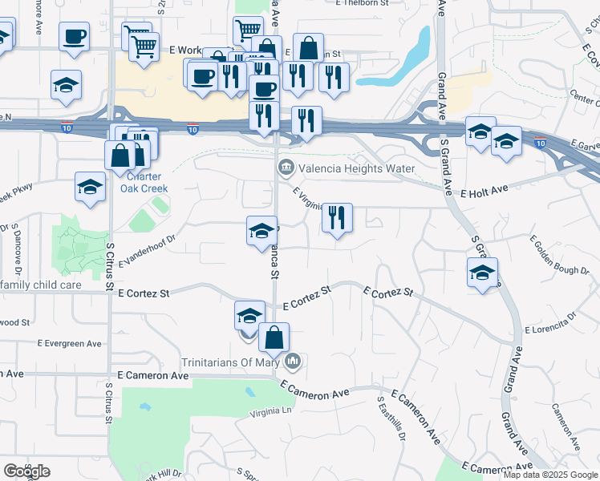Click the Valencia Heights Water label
(x=357, y=168)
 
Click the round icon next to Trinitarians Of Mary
(x=294, y=362)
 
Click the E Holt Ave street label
(x=485, y=192)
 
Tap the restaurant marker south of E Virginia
(x=337, y=218)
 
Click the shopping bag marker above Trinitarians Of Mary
(x=274, y=340)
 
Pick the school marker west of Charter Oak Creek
(x=90, y=188)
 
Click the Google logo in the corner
(x=26, y=471)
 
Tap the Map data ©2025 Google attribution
(x=550, y=475)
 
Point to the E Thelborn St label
(x=363, y=3)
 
